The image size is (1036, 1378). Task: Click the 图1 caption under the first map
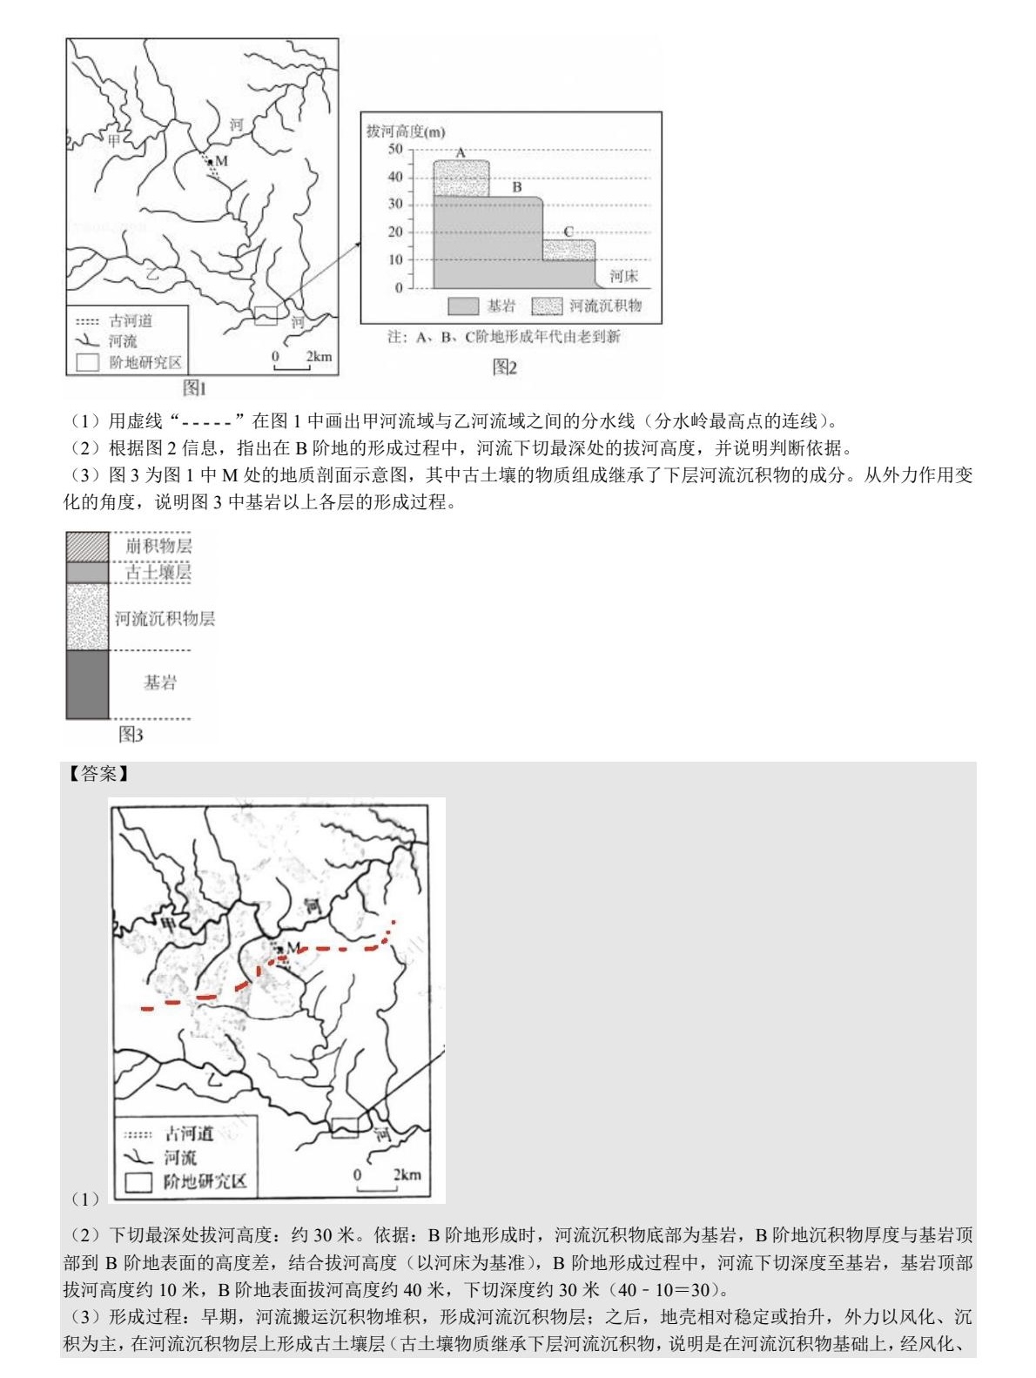point(194,387)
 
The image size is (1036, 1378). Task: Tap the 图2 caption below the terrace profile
point(505,367)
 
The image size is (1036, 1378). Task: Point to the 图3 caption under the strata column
point(131,736)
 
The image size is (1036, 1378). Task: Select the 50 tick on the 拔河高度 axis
point(395,150)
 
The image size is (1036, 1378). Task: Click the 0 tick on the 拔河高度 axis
point(399,287)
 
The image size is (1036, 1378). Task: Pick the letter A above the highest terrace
point(461,153)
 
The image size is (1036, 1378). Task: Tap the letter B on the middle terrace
point(516,186)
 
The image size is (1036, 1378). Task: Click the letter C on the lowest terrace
point(568,232)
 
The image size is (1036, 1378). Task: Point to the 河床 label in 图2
point(623,276)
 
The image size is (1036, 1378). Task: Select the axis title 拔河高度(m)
point(405,131)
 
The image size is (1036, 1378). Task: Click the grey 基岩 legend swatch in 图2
point(463,306)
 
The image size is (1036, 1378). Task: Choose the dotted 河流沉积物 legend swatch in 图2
point(547,306)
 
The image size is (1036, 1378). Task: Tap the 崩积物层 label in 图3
point(158,546)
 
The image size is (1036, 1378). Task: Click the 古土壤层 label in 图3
point(158,572)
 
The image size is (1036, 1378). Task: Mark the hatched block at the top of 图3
point(87,546)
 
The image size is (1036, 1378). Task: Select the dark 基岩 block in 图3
point(87,683)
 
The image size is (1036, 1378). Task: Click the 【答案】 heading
point(98,773)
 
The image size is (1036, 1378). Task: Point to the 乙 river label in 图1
point(153,272)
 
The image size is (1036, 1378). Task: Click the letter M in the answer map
point(293,947)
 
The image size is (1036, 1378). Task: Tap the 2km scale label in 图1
point(319,356)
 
